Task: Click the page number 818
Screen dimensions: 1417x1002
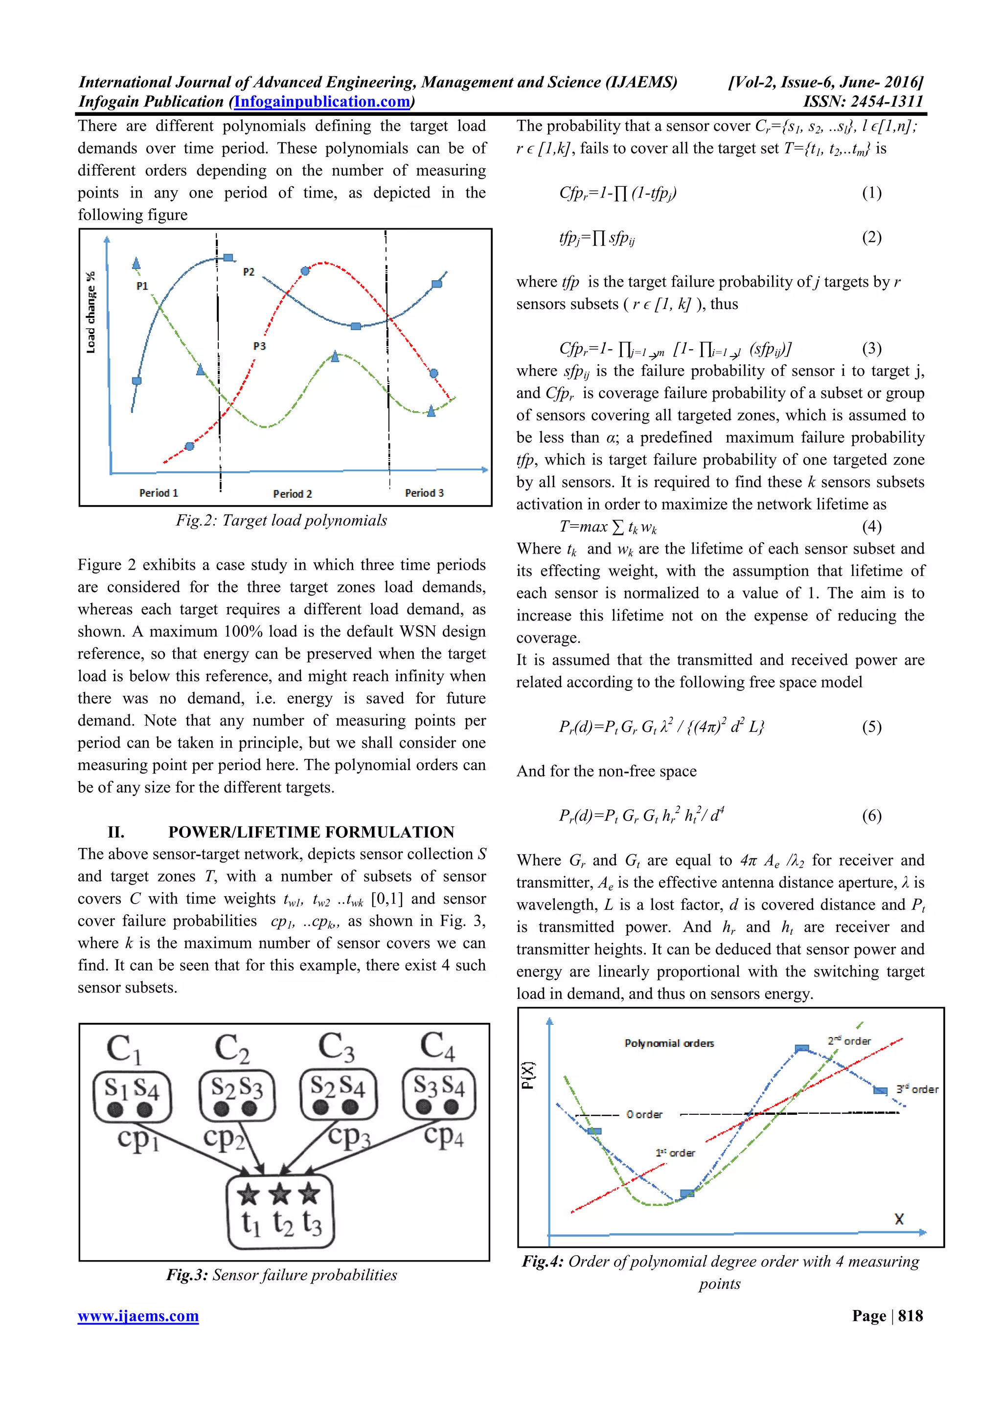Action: pos(910,1316)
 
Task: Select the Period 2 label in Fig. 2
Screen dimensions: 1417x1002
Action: pos(292,494)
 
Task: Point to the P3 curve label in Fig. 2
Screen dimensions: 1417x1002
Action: pos(259,346)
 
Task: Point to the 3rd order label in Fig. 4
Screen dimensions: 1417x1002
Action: pos(917,1089)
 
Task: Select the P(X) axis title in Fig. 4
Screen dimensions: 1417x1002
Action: pos(528,1075)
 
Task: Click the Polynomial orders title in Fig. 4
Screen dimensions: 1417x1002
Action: pos(669,1043)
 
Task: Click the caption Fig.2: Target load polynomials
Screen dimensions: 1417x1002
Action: pos(281,520)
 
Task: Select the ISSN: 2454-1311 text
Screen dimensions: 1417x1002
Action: pos(863,102)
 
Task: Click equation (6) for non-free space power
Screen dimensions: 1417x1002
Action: pos(641,815)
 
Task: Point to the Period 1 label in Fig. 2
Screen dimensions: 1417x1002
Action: pos(159,493)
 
